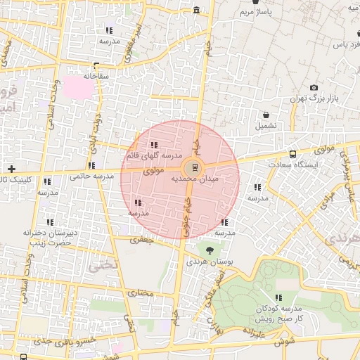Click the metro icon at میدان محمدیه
[x=195, y=167]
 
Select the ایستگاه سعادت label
[x=293, y=164]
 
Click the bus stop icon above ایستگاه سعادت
[x=292, y=153]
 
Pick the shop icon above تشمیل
[x=266, y=115]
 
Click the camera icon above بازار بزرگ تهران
[x=314, y=87]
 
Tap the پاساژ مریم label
[x=255, y=13]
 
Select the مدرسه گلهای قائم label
[x=154, y=154]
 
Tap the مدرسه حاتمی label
[x=91, y=176]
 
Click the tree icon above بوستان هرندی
[x=208, y=250]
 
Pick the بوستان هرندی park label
[x=208, y=262]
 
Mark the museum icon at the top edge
[x=195, y=10]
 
